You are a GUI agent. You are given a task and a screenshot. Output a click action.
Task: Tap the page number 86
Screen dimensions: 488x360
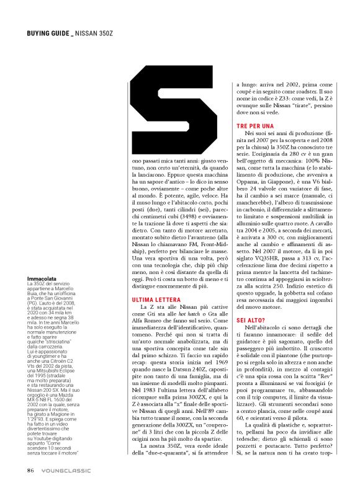point(30,470)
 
